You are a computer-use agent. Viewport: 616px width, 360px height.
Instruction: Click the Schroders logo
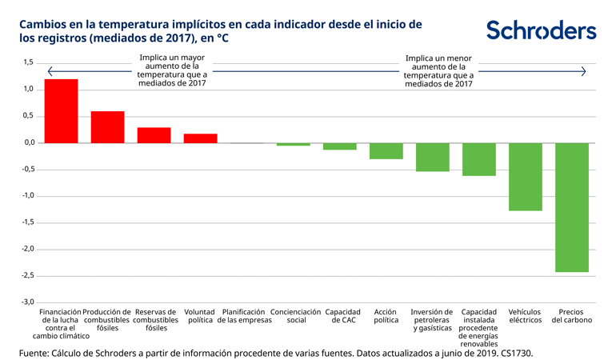(541, 30)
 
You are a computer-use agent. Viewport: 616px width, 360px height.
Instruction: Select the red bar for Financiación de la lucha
(61, 111)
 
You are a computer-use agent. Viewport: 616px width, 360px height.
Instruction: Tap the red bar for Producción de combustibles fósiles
(107, 127)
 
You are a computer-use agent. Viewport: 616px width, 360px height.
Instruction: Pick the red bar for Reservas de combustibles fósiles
(154, 135)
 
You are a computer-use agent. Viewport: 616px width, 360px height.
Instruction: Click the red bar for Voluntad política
(200, 138)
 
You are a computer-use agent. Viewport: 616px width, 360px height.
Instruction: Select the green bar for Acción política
(386, 150)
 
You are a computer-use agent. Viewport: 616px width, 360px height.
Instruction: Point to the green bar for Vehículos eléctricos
(525, 177)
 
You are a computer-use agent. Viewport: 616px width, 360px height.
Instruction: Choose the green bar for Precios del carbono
(571, 207)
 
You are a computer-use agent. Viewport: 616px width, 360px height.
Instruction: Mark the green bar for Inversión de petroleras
(432, 157)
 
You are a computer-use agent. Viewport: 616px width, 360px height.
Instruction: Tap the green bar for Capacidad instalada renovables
(478, 159)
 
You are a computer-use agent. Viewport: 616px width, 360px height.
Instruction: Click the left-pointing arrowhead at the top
(50, 71)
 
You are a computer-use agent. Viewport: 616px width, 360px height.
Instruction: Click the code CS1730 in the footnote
(514, 352)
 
